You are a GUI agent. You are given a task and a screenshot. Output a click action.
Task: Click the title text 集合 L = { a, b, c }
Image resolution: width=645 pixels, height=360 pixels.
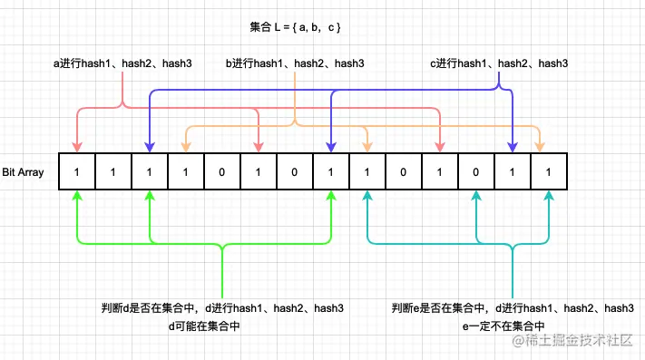tap(295, 27)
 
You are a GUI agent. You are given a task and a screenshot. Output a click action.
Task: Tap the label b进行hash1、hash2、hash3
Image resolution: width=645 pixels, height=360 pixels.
tap(296, 63)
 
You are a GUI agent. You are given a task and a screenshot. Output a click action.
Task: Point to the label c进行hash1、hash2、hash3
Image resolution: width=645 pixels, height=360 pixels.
tap(499, 63)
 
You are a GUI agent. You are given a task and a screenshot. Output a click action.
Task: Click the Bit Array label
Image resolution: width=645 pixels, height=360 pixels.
tap(24, 171)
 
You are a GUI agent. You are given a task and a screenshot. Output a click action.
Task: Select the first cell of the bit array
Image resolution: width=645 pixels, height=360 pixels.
tap(77, 171)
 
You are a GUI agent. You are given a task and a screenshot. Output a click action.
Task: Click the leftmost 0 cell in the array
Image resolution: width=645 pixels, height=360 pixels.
tap(222, 171)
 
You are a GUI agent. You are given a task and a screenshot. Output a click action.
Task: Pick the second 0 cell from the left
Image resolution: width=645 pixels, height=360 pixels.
tap(295, 171)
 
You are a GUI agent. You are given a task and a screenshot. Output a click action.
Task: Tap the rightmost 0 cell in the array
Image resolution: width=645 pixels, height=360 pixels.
tap(476, 171)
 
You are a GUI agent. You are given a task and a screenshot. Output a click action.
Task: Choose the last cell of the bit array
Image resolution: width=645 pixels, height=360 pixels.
tap(549, 171)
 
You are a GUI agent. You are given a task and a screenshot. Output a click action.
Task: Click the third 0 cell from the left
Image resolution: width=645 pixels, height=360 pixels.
tap(404, 171)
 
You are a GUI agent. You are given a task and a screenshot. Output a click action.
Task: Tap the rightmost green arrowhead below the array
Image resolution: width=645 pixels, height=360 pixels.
tap(331, 197)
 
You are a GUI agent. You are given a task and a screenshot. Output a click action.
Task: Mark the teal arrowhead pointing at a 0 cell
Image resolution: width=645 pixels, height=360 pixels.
tap(476, 197)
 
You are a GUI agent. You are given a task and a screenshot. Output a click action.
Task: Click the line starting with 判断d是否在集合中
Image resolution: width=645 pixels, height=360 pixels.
tap(222, 308)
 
